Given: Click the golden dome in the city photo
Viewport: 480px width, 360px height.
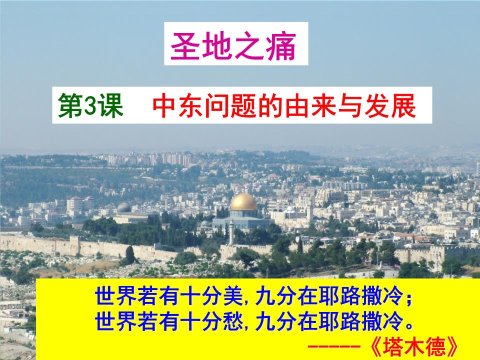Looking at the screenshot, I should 243,202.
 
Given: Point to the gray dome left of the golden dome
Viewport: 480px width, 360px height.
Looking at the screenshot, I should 123,207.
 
